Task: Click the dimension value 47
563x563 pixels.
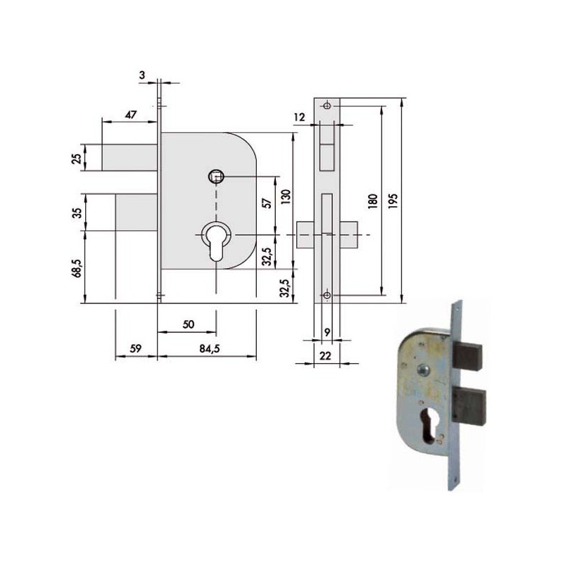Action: (132, 114)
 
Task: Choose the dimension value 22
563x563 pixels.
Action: (325, 357)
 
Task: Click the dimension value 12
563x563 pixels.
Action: (299, 117)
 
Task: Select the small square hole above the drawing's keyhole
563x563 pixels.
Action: (215, 175)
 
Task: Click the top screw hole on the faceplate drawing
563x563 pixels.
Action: (327, 106)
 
